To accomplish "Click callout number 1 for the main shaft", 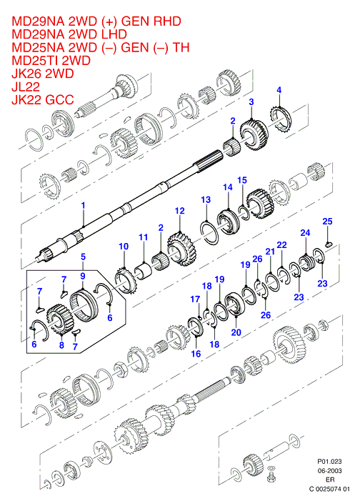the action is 83,205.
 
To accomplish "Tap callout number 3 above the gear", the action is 251,102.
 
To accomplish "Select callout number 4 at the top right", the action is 279,90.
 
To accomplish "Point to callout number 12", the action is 180,211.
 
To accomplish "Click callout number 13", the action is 206,199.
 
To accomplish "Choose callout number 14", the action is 228,187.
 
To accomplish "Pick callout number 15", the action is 242,180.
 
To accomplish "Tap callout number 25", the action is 327,221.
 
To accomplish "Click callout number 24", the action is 305,232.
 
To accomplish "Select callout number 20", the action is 236,332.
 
